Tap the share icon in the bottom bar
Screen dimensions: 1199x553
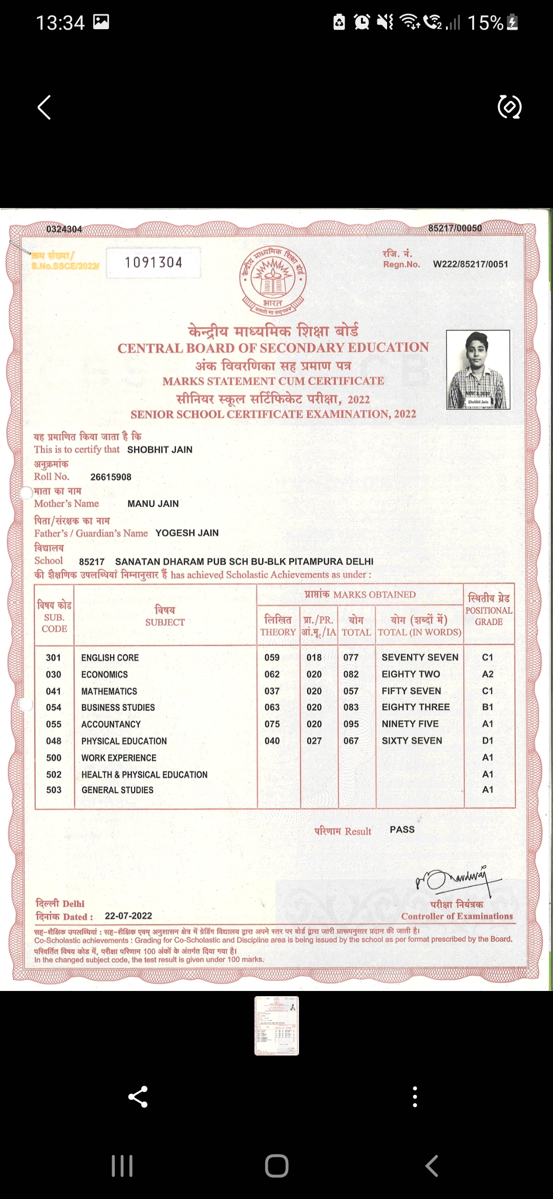138,1097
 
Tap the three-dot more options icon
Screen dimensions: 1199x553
415,1097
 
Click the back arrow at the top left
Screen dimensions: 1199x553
45,108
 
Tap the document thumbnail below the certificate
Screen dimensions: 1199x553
276,1025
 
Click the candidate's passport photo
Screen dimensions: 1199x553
478,369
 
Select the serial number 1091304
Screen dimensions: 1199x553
154,263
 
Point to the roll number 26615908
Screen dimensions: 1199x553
111,477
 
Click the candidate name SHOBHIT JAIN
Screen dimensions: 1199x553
160,450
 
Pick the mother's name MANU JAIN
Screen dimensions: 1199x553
153,504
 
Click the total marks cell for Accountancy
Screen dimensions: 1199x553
351,724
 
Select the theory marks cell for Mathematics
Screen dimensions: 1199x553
272,691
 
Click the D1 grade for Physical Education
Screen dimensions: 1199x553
487,741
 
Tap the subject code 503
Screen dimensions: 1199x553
54,790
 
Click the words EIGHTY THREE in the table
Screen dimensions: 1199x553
415,707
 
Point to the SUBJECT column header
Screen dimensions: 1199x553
165,622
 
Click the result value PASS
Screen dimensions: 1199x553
402,830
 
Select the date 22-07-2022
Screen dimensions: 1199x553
129,916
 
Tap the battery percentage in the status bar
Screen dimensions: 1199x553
485,23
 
